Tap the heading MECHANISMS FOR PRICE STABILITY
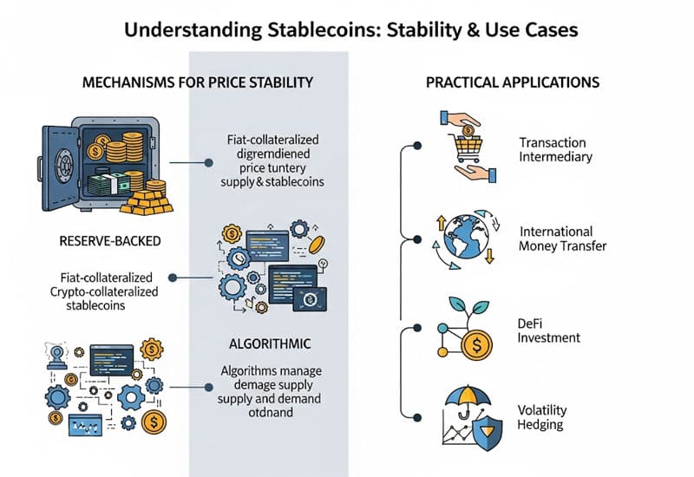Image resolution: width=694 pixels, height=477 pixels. click(x=197, y=83)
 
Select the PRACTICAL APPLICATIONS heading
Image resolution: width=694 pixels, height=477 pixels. click(x=513, y=83)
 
